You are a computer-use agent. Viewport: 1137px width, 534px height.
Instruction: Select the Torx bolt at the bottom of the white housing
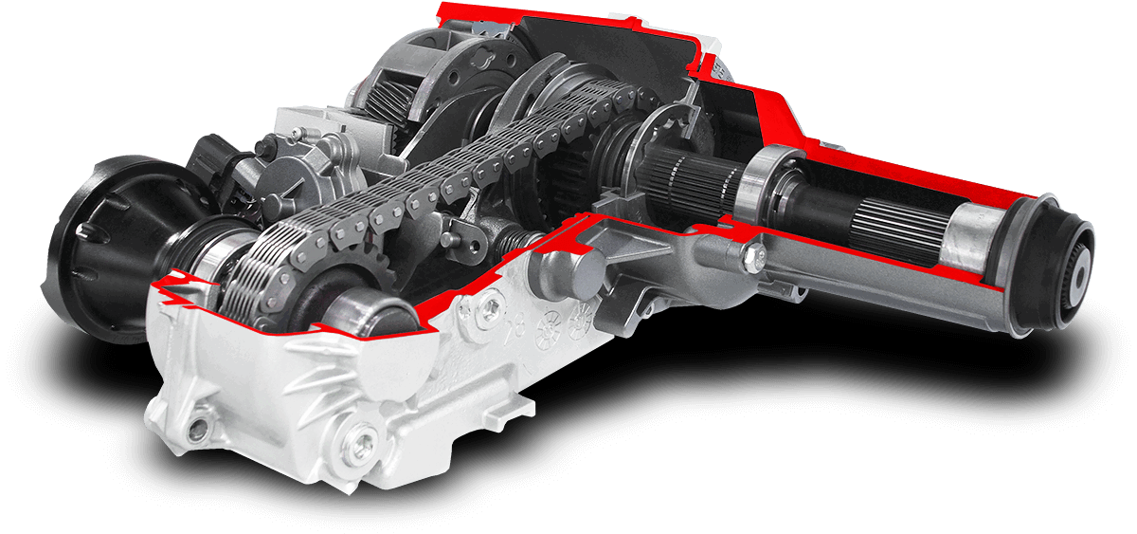tap(359, 439)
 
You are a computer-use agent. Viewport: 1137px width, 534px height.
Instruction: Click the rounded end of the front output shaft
tap(379, 314)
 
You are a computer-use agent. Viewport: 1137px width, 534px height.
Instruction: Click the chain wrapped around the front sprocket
tap(270, 275)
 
